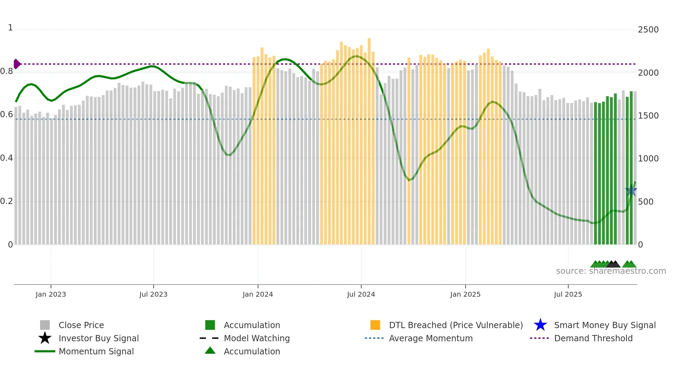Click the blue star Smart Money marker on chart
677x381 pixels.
[x=631, y=191]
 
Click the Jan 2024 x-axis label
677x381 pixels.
[x=258, y=294]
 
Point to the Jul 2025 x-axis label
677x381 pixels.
[x=568, y=294]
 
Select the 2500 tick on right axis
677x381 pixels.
[x=648, y=30]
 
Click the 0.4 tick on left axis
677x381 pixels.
[x=7, y=158]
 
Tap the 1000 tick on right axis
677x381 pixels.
[x=648, y=159]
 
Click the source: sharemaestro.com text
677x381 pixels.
[x=611, y=271]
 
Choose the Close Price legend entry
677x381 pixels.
[x=81, y=325]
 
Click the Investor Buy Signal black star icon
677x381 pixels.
[x=45, y=338]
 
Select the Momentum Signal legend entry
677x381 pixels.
[x=96, y=351]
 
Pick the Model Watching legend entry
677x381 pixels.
[x=256, y=338]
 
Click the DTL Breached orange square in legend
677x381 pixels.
[x=375, y=325]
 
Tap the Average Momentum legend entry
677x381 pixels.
[x=430, y=338]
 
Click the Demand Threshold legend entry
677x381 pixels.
[x=593, y=338]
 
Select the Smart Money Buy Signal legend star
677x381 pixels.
[x=540, y=325]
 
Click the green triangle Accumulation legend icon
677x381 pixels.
[x=210, y=351]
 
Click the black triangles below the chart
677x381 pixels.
[x=613, y=264]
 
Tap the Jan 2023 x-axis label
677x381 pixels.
[x=51, y=294]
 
